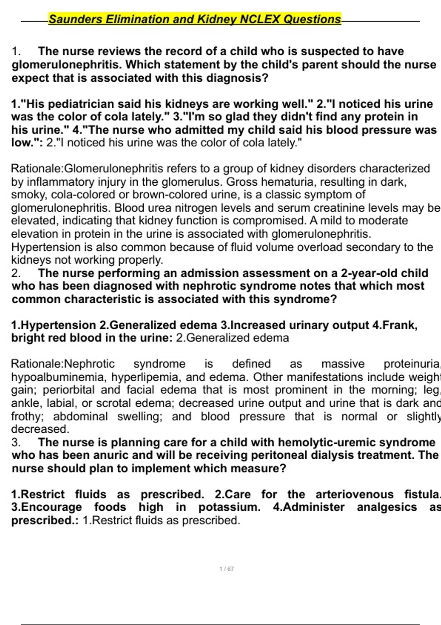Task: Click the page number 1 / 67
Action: pos(226,569)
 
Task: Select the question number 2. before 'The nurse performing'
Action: pos(16,273)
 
